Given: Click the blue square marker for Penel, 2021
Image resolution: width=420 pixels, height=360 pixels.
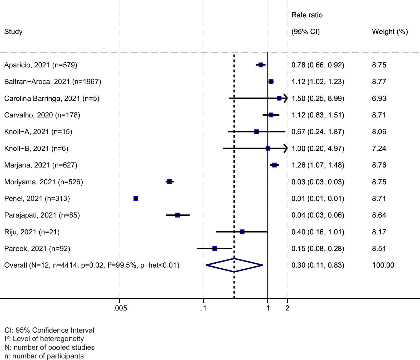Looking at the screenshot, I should coord(136,199).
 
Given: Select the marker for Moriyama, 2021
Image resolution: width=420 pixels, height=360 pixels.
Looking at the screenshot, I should coord(170,182).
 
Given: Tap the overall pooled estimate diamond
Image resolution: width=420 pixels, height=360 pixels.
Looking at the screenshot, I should coord(234,265).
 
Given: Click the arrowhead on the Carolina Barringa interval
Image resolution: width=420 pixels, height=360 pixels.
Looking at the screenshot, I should coord(285,98).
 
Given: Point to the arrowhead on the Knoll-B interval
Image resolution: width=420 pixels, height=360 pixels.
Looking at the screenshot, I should coord(285,149).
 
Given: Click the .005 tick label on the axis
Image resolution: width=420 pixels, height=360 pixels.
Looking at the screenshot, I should coord(120,308).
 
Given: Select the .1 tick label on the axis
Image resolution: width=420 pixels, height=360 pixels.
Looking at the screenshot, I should coord(203,308).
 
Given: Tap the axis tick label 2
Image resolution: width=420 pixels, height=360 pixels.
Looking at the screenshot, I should coord(287,308).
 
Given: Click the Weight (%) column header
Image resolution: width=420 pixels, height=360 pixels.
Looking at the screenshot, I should coord(390,32).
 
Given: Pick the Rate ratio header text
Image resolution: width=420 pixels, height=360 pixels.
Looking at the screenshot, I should coord(307,15).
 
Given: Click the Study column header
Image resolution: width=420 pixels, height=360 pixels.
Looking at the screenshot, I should coord(13,32).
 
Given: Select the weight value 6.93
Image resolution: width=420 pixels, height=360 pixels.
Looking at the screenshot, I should coord(379,98).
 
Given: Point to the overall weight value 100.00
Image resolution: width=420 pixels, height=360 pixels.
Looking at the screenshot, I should coord(383,265).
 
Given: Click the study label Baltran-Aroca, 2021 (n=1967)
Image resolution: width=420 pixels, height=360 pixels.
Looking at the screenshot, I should coord(53,82).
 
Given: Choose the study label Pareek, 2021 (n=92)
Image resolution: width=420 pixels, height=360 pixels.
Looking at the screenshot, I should coord(37,249).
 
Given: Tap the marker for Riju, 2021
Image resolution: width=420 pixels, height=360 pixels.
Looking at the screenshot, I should coord(242,232).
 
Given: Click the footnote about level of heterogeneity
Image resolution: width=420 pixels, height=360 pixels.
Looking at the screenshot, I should coord(44,339).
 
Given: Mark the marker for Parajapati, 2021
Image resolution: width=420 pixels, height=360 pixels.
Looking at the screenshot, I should coord(178,215).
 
